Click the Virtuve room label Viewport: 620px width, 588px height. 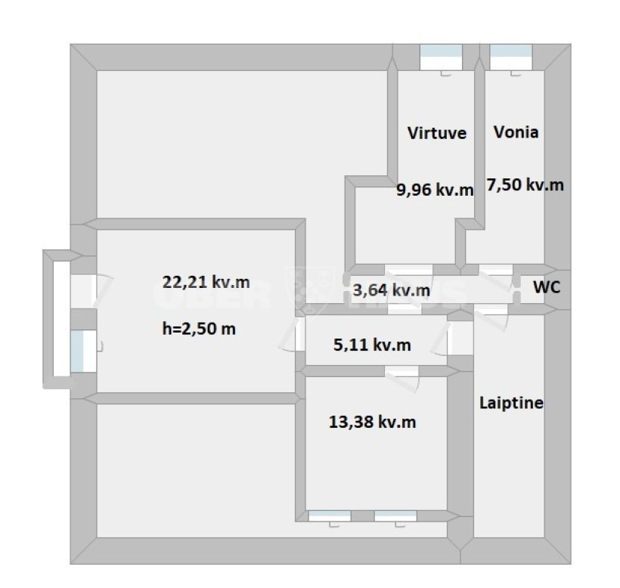tap(437, 133)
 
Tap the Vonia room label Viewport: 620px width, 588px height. tap(516, 132)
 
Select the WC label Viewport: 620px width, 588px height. tap(547, 287)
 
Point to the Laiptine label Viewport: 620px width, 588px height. tap(511, 403)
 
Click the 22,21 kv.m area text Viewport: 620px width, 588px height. tap(206, 282)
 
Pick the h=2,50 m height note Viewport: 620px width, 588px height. tap(199, 329)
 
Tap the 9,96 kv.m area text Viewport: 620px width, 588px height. tap(435, 190)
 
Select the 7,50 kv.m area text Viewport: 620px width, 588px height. tap(525, 184)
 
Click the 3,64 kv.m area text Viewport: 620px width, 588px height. tap(392, 290)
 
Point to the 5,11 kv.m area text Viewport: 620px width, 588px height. tap(373, 345)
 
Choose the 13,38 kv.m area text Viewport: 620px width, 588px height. tap(373, 422)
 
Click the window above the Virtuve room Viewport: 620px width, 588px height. tap(441, 57)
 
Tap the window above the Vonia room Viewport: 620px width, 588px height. tap(511, 57)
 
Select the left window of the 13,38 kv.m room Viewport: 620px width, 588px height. tap(330, 516)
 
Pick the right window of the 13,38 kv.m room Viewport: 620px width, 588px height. tap(395, 516)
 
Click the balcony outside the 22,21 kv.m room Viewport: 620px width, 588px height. tap(57, 318)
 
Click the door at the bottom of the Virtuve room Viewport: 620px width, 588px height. tap(408, 270)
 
